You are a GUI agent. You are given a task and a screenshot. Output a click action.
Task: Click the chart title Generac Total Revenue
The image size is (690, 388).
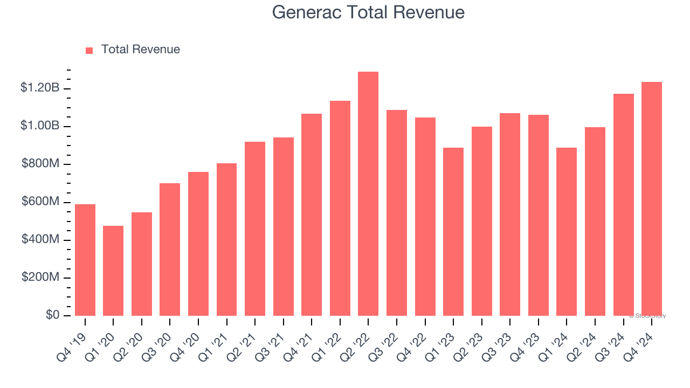[x=368, y=12]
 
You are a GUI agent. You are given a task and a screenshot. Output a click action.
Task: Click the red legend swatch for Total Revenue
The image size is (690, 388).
[x=89, y=50]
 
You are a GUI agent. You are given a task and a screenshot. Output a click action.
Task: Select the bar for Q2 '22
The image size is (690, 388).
[x=368, y=194]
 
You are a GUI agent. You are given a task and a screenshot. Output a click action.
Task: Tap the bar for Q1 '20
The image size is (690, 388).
[x=113, y=271]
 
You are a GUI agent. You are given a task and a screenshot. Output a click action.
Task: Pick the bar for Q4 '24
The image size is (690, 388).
[x=652, y=199]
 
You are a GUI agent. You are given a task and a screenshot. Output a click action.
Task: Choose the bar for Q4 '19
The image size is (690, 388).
[x=85, y=260]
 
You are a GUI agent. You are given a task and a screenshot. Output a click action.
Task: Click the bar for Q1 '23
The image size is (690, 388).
[x=453, y=232]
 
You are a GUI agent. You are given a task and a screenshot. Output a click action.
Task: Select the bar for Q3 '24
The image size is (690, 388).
[x=623, y=205]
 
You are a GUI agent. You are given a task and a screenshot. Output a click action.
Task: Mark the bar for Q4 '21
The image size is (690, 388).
[x=312, y=214]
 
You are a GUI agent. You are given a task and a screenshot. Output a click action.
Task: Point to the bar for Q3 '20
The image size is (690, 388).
[x=170, y=250]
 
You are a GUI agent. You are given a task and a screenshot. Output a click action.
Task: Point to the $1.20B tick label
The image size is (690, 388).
[x=40, y=88]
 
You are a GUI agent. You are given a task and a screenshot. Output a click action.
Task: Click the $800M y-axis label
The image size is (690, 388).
[x=40, y=163]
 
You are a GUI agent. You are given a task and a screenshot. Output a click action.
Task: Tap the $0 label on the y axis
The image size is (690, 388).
[x=52, y=315]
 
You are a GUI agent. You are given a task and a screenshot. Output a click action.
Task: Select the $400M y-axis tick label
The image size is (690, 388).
[x=40, y=239]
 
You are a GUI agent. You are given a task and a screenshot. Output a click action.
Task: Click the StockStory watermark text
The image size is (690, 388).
[x=647, y=316]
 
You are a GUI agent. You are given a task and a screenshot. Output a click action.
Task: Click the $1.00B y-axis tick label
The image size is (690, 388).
[x=40, y=126]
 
